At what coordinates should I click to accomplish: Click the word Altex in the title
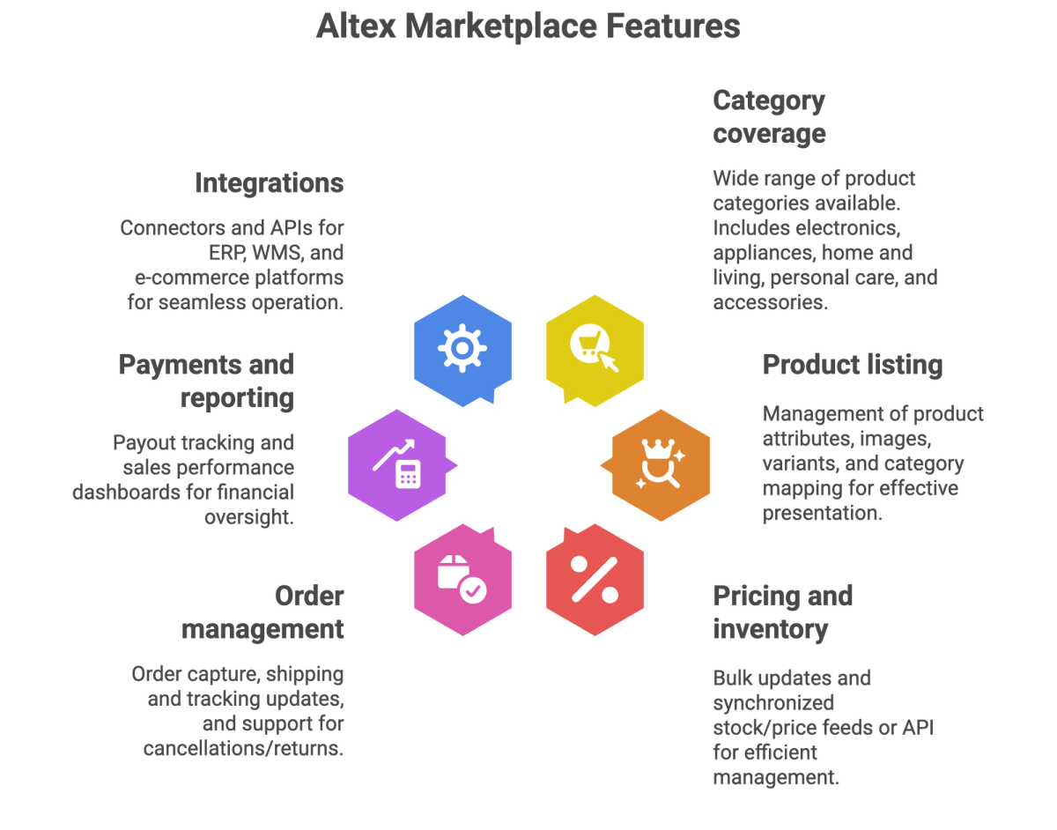point(356,26)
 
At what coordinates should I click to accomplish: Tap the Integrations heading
point(269,184)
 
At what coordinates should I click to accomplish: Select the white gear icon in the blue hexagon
point(462,348)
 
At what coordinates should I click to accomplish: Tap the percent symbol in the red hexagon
point(595,580)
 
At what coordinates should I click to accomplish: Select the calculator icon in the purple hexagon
point(408,473)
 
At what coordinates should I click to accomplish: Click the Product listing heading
point(853,366)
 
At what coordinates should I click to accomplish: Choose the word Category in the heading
point(769,101)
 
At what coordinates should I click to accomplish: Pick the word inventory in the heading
point(771,629)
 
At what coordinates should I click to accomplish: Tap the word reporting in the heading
point(237,398)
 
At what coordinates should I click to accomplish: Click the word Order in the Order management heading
point(309,596)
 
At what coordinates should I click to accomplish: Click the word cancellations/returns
point(243,748)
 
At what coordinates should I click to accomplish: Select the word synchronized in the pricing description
point(773,703)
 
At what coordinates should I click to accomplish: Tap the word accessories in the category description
point(770,302)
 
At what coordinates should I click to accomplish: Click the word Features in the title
point(673,26)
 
